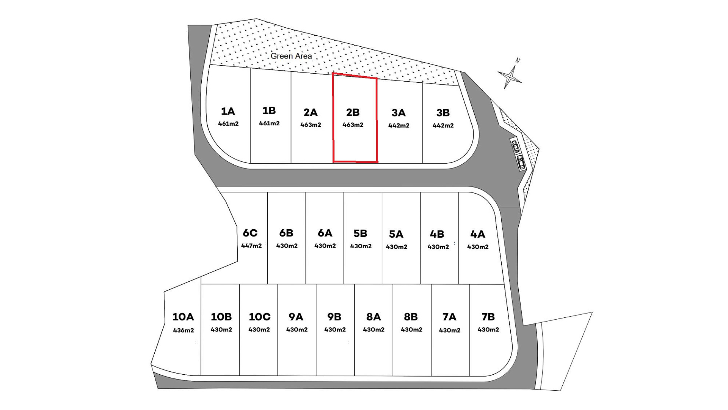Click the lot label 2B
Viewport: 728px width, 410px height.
point(353,112)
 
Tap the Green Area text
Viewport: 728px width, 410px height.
point(291,56)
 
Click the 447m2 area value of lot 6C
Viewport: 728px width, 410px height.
point(251,246)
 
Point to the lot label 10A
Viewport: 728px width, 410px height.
point(183,317)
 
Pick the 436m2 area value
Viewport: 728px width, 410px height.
point(184,330)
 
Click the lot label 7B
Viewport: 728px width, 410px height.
point(488,317)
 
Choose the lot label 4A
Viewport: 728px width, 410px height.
point(478,234)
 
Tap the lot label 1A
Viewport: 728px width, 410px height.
point(228,111)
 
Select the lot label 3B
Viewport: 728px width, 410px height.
point(443,113)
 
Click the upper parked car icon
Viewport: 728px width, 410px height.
point(515,146)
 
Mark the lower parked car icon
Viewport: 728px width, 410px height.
point(521,162)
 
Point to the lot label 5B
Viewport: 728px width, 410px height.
point(360,233)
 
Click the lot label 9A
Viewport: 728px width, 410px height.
point(296,317)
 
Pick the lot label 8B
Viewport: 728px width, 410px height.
point(411,317)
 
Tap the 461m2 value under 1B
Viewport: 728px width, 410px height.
point(269,123)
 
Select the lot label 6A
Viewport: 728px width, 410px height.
point(325,233)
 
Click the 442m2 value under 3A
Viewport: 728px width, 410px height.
point(399,126)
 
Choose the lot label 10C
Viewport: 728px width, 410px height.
point(260,317)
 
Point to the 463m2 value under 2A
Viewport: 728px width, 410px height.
point(311,125)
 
